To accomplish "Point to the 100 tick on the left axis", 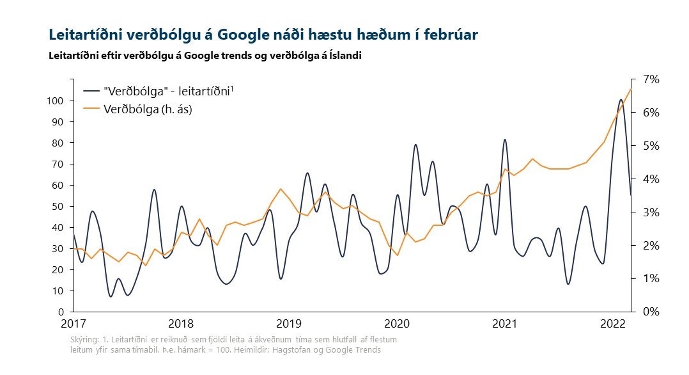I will point(55,100).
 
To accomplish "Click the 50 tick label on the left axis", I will point(58,206).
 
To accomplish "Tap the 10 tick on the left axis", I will point(58,291).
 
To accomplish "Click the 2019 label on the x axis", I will point(289,324).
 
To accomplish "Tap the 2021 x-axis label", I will point(505,324).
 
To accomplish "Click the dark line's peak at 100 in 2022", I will point(621,100).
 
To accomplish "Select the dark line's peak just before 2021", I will point(505,140).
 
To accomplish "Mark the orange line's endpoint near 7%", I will point(631,89).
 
